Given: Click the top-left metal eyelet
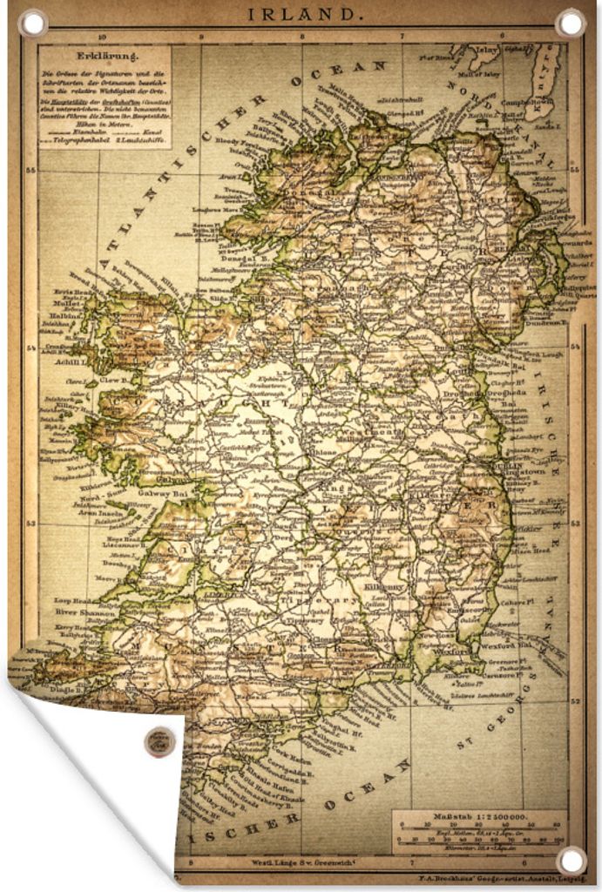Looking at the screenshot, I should [32, 22].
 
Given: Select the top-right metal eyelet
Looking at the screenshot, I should [571, 22].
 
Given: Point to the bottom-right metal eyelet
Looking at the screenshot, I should [571, 861].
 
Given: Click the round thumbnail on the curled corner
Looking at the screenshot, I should [159, 742].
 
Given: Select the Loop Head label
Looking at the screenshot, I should [71, 601].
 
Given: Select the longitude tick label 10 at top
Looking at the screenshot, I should [102, 37].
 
